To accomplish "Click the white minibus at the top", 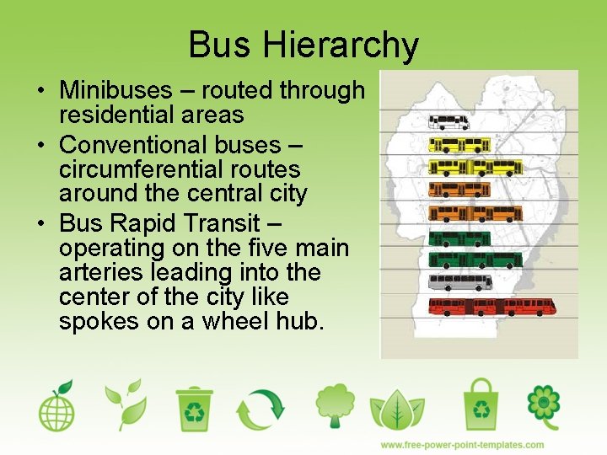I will pos(449,122).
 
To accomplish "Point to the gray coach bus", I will pos(459,281).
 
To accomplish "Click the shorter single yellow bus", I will pos(459,145).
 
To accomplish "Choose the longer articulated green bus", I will pos(475,260).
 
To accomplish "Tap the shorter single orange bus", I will pos(459,190).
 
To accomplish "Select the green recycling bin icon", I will pos(195,408).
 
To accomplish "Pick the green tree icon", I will pos(336,406).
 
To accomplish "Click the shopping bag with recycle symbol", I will pos(481,404).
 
